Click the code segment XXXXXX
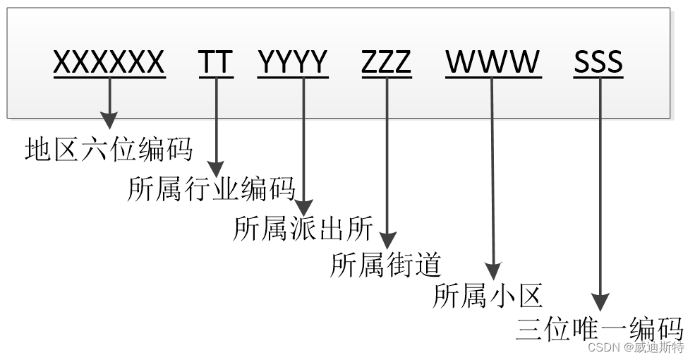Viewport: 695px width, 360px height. tap(109, 62)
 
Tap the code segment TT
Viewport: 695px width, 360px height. tap(215, 62)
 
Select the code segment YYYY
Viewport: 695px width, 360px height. tap(293, 62)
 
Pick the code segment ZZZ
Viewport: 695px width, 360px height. tap(386, 62)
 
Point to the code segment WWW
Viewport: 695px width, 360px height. tap(493, 62)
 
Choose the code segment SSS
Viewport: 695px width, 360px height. tap(598, 62)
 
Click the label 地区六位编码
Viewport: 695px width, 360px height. tap(109, 150)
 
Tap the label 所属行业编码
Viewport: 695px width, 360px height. tap(211, 189)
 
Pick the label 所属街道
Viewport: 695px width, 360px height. tap(386, 265)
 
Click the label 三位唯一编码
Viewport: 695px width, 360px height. tap(600, 329)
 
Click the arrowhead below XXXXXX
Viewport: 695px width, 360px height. tap(109, 120)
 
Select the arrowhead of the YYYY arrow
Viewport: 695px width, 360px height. tap(303, 206)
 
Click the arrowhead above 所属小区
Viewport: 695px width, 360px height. tap(493, 272)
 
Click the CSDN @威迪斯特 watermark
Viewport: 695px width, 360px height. tap(636, 348)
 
